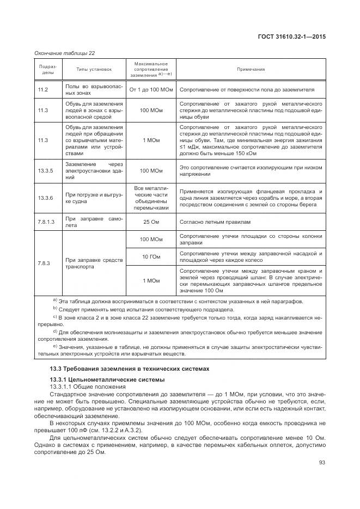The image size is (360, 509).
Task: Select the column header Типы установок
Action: point(94,70)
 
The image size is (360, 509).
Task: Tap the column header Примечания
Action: point(251,70)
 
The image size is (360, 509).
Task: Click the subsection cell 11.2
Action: point(43,89)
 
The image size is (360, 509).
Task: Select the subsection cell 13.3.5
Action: point(46,171)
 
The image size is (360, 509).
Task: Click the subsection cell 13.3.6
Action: point(46,198)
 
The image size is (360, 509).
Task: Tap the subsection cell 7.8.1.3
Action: point(47,222)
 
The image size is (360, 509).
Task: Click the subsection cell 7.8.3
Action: point(44,263)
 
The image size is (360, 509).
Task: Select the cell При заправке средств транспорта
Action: point(94,263)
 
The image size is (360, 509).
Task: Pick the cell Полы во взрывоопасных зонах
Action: point(94,89)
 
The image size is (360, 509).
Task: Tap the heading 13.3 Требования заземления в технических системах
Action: point(129,369)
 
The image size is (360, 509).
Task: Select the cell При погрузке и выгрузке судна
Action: point(94,198)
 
